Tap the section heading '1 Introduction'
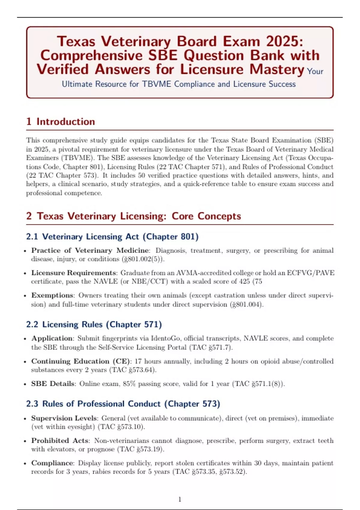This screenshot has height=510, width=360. pyautogui.click(x=61, y=121)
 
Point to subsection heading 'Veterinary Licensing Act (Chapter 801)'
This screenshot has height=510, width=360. pyautogui.click(x=112, y=237)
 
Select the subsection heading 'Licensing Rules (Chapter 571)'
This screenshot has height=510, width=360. pyautogui.click(x=94, y=324)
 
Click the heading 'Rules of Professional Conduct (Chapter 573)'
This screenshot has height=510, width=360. pyautogui.click(x=123, y=404)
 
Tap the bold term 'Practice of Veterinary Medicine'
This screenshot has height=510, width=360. pyautogui.click(x=90, y=250)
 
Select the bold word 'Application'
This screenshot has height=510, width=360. pyautogui.click(x=52, y=338)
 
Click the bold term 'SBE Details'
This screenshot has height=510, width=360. pyautogui.click(x=53, y=384)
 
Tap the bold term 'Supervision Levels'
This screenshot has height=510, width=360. pyautogui.click(x=64, y=418)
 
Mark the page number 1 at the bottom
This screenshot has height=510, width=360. pyautogui.click(x=180, y=499)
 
